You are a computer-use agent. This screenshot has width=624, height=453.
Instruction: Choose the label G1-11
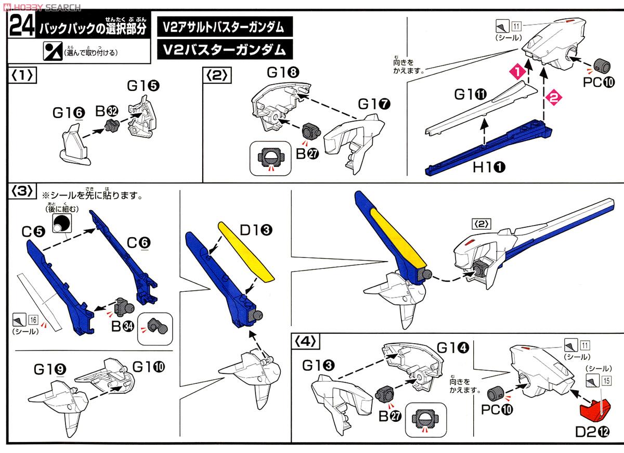coord(470,95)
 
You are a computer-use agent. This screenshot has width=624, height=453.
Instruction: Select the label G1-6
coord(68,112)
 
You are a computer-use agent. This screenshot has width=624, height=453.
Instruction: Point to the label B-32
coord(106,110)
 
